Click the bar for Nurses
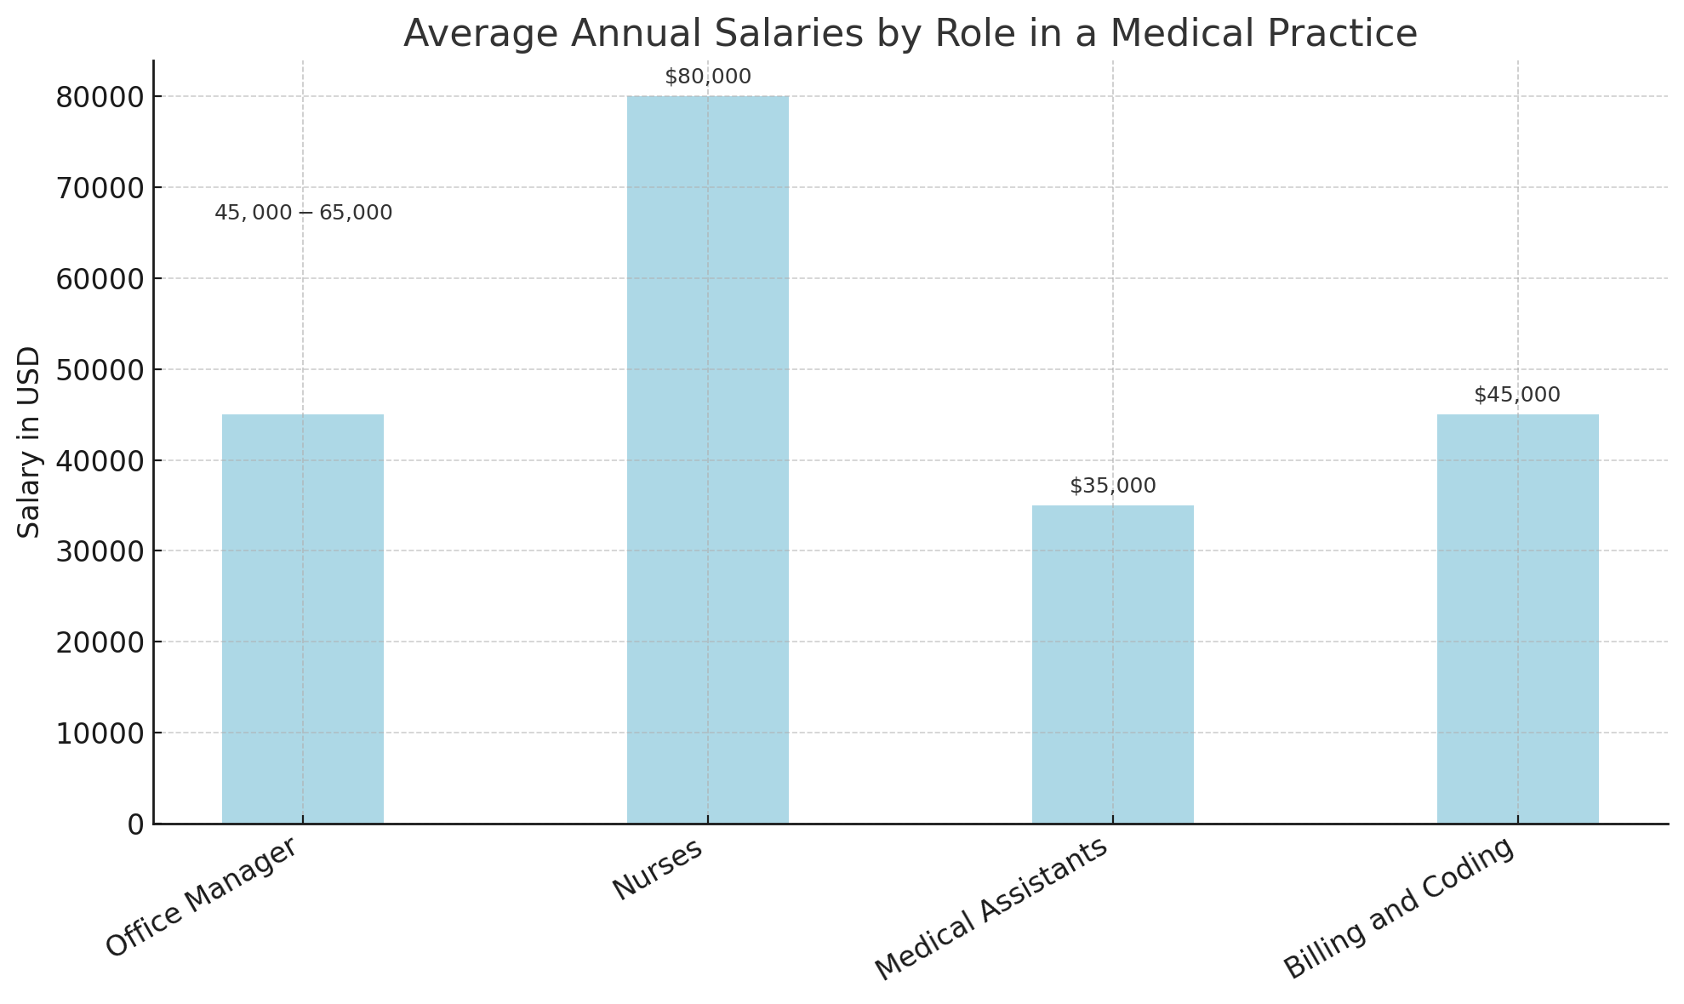coord(707,459)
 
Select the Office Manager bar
coord(302,619)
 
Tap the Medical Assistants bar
coord(1112,664)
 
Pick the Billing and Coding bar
coord(1517,619)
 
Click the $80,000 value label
coord(707,77)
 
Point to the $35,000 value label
coord(1112,486)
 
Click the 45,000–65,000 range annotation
coord(303,213)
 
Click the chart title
coord(910,34)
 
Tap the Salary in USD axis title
coord(30,442)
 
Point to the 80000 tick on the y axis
coord(98,97)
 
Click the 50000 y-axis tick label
coord(98,370)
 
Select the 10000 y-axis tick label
coord(98,733)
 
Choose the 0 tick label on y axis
coord(134,824)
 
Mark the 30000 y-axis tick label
coord(98,551)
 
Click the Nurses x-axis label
coord(659,869)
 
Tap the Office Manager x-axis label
coord(203,897)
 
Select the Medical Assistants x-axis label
coord(992,909)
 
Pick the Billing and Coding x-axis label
coord(1400,908)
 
